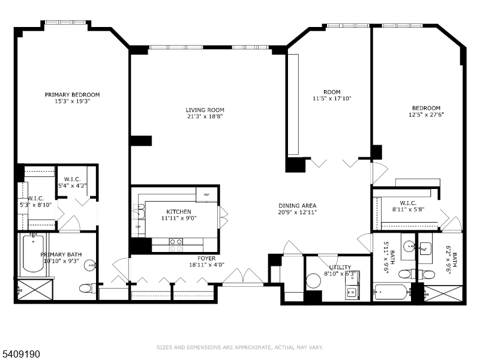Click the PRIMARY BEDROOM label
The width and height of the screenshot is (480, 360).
point(72,95)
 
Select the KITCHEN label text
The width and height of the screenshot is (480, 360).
point(179,212)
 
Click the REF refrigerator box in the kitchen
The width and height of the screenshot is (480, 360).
point(206,194)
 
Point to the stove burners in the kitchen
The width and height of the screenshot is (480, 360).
point(176,244)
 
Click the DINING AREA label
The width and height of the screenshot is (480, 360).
point(297,205)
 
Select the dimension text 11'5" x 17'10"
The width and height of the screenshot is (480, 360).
point(331,98)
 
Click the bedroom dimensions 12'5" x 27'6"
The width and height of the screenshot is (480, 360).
point(426,115)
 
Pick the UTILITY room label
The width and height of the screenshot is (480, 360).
point(340,267)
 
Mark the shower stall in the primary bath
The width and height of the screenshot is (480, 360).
point(35,289)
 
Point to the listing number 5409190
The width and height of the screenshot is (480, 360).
point(21,355)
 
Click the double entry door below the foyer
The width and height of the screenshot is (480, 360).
point(242,276)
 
